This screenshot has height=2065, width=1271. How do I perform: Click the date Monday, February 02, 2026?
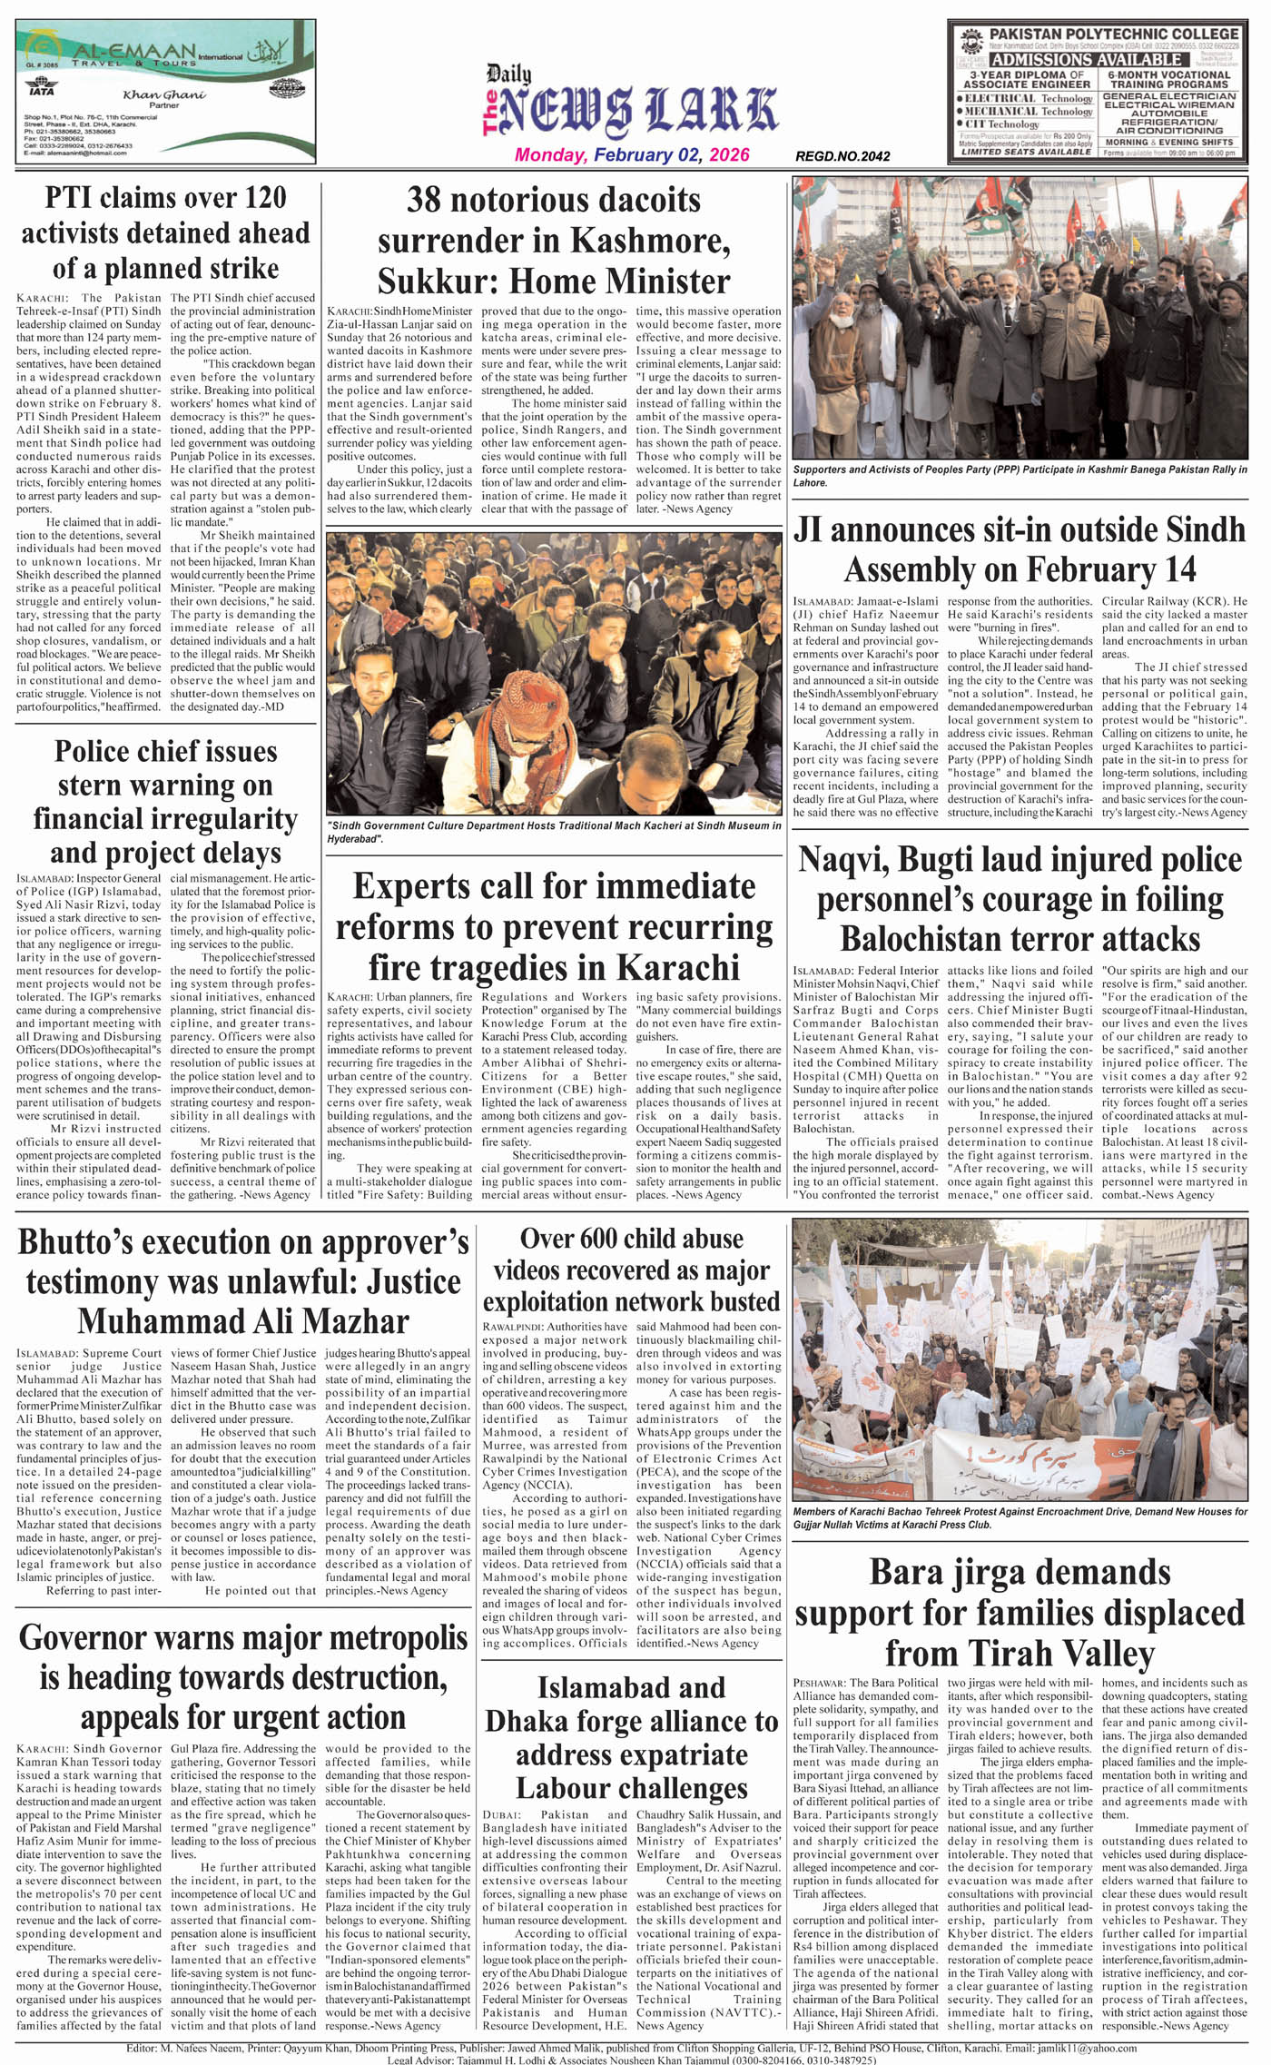(632, 154)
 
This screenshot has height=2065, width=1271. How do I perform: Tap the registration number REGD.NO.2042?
(842, 156)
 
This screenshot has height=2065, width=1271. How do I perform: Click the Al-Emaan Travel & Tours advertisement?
(165, 92)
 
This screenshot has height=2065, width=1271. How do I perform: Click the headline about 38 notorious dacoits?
(554, 240)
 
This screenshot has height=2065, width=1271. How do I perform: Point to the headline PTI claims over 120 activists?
(165, 232)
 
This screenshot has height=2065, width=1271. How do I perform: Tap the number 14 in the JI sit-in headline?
(1177, 569)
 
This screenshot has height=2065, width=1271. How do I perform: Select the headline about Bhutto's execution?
(243, 1280)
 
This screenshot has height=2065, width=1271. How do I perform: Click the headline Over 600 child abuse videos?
(631, 1270)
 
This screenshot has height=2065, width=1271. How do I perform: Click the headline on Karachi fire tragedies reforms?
(554, 926)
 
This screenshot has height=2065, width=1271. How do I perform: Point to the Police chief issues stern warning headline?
(165, 802)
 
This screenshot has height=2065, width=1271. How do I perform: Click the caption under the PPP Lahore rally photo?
(1020, 476)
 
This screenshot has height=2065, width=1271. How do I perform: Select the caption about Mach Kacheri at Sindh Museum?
(554, 832)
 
